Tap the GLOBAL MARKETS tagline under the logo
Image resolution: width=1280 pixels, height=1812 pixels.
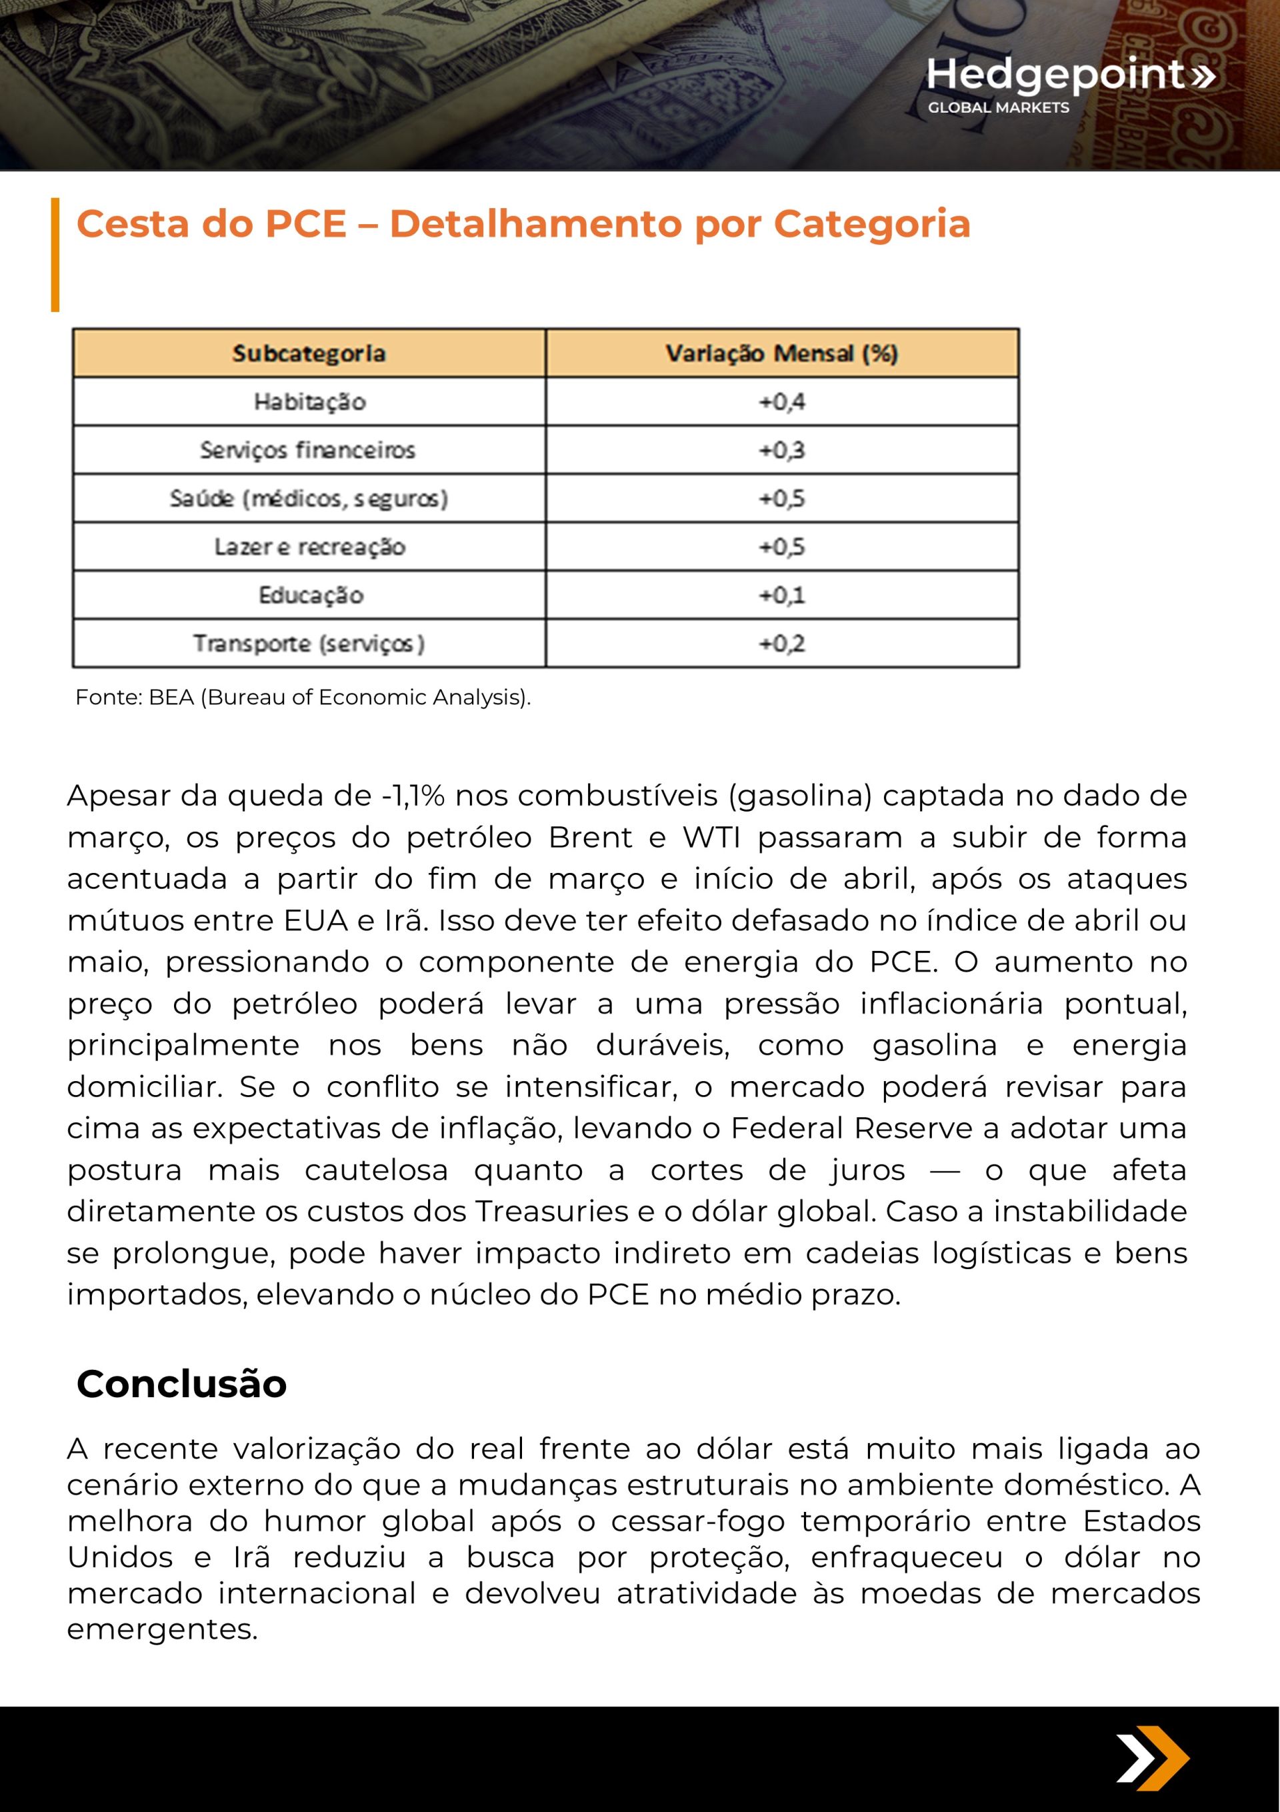point(997,107)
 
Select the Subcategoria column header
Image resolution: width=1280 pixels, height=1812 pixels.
point(309,353)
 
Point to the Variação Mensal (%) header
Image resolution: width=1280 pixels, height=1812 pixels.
point(781,353)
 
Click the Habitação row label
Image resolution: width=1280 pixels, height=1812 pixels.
point(309,401)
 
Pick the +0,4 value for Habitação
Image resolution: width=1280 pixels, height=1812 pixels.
point(781,401)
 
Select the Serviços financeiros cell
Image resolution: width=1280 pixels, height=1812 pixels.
point(308,450)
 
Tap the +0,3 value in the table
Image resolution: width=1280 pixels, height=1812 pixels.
point(781,450)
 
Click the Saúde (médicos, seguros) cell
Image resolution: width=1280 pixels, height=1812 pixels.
point(309,499)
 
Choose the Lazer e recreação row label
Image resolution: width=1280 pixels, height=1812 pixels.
point(309,547)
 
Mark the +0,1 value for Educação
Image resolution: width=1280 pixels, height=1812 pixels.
point(781,595)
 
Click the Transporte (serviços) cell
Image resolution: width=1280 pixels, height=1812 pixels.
point(309,643)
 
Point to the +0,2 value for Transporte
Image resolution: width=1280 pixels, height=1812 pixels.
point(781,643)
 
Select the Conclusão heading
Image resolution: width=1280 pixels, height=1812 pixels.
point(181,1383)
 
